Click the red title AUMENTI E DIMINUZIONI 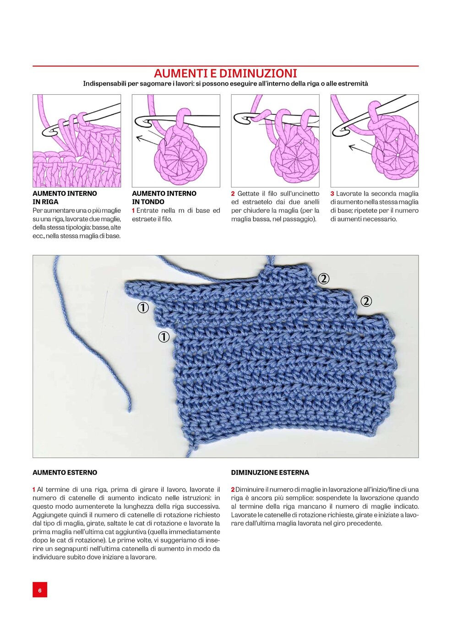(225, 73)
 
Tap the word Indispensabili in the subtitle (103, 84)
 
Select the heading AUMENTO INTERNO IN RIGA (65, 197)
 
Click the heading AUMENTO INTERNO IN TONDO (164, 197)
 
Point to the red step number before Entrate (133, 211)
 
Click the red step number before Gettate (233, 194)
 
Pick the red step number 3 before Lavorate (332, 194)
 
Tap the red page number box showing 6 (40, 590)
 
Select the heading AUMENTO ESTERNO (65, 472)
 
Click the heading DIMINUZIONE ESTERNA (270, 472)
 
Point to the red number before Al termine (34, 490)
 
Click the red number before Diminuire (233, 490)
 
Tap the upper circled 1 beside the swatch (143, 308)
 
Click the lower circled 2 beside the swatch (366, 301)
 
